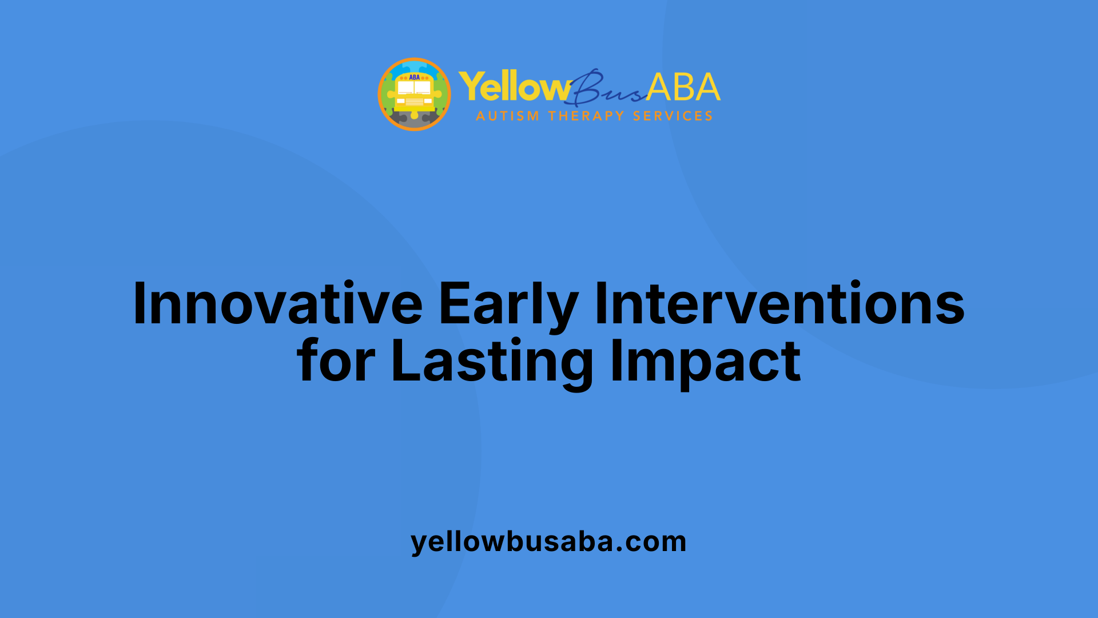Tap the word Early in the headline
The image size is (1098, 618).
click(508, 304)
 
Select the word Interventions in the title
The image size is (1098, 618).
click(779, 304)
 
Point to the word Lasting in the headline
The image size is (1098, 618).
click(492, 361)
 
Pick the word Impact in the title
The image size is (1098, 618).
click(706, 361)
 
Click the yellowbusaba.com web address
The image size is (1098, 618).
click(548, 541)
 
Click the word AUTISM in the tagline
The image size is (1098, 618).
click(507, 116)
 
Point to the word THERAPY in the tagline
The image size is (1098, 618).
click(586, 116)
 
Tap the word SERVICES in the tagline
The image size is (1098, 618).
click(673, 116)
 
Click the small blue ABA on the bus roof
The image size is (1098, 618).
click(415, 77)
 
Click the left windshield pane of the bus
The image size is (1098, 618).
click(406, 88)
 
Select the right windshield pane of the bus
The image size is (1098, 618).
click(423, 88)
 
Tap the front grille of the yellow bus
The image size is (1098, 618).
click(415, 102)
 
